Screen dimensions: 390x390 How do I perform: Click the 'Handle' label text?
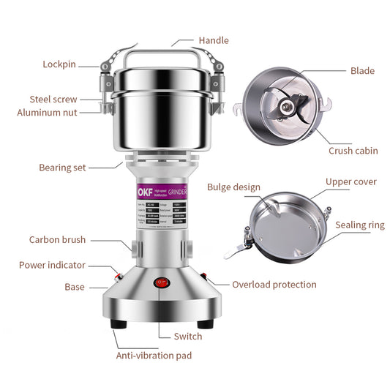214,40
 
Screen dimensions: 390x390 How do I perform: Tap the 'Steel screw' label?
53,99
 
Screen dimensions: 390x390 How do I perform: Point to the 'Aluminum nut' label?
47,113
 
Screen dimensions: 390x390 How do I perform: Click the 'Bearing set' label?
62,168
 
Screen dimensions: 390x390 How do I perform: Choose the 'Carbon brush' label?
57,239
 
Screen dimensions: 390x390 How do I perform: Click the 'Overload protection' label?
274,284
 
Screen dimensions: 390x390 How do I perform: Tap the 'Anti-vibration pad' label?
154,356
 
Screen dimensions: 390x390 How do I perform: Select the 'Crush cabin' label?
353,151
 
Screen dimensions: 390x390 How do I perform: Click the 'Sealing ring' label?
360,225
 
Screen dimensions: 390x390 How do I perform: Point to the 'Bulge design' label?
233,187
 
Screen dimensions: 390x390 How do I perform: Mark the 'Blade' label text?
362,71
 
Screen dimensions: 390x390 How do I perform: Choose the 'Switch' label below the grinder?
188,337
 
